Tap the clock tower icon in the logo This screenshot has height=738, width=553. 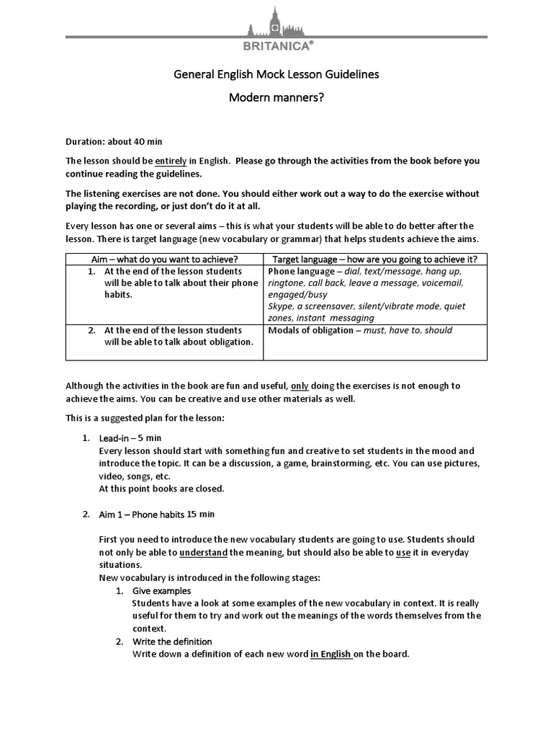click(x=274, y=22)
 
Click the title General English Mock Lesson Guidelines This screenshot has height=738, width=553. click(x=276, y=74)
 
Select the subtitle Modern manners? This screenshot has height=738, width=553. click(x=276, y=97)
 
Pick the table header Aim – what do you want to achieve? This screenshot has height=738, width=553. click(x=164, y=259)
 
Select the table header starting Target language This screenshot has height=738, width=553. click(x=374, y=259)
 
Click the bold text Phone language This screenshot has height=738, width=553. click(x=301, y=272)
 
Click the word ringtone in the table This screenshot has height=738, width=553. click(x=287, y=283)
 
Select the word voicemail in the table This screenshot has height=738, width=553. click(x=441, y=283)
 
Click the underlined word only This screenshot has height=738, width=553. click(x=300, y=386)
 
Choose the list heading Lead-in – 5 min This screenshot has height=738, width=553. click(x=130, y=437)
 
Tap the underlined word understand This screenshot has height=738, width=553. click(x=203, y=553)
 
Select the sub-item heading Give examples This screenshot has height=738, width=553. click(x=161, y=591)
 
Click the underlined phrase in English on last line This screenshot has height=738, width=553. click(x=331, y=654)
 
